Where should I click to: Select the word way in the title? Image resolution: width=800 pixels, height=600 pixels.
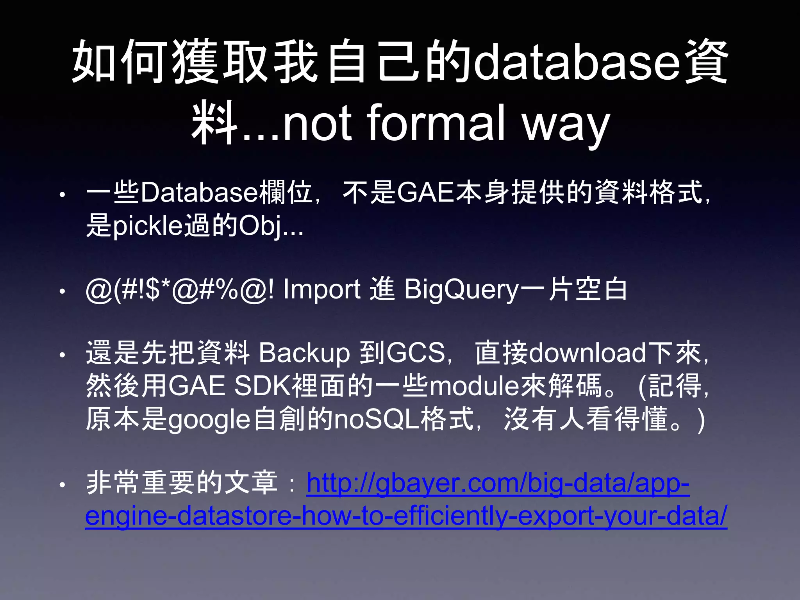[566, 125]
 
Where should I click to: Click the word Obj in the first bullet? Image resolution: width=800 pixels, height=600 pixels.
[260, 226]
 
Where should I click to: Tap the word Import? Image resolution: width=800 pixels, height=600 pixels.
[321, 290]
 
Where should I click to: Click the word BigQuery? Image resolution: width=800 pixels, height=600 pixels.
[461, 290]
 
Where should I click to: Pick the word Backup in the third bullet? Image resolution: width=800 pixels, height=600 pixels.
[304, 353]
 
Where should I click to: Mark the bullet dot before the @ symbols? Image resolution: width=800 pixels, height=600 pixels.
[62, 291]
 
